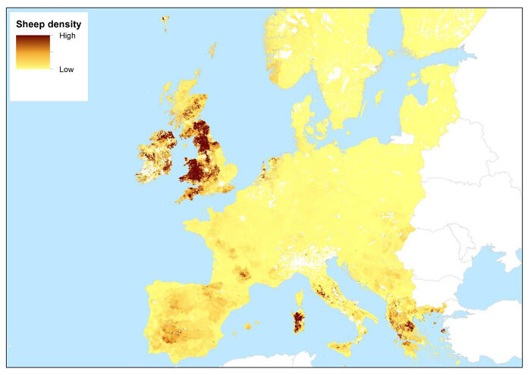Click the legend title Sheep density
(49, 24)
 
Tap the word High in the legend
(68, 36)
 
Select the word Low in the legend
(67, 68)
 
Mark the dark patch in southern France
(244, 273)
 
